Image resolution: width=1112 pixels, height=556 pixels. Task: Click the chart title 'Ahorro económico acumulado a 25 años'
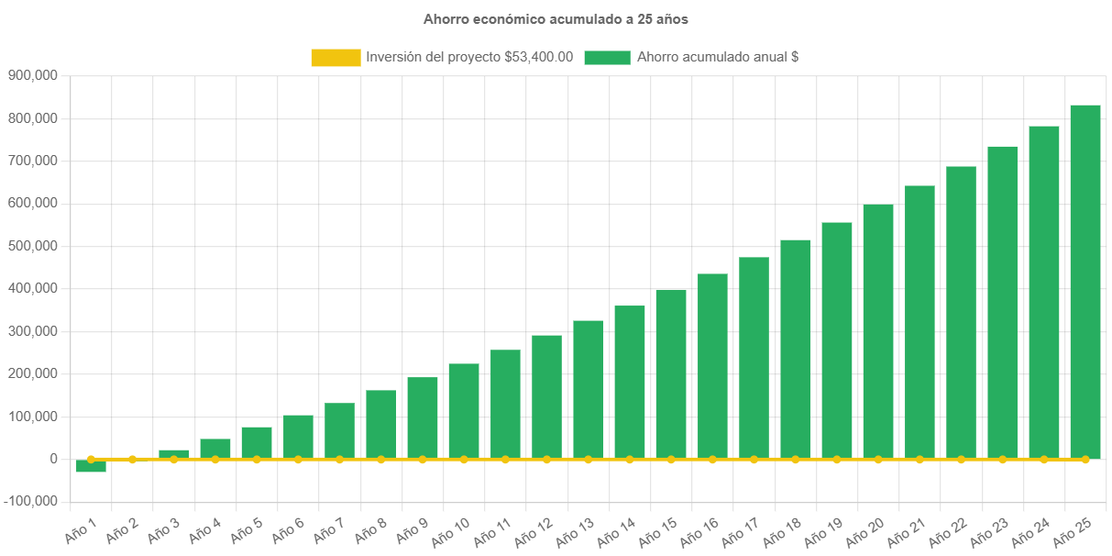pyautogui.click(x=556, y=19)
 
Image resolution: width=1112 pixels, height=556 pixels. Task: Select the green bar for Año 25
pyautogui.click(x=1085, y=280)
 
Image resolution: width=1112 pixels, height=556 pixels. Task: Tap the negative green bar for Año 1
pyautogui.click(x=91, y=466)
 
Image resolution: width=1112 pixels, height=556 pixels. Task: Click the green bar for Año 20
pyautogui.click(x=878, y=330)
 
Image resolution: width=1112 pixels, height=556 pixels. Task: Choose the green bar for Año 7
pyautogui.click(x=339, y=430)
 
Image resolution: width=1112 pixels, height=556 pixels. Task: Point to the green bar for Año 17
pyautogui.click(x=754, y=357)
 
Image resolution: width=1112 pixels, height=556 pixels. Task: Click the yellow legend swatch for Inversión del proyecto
pyautogui.click(x=336, y=58)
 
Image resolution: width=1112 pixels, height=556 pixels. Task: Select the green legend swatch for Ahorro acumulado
pyautogui.click(x=607, y=58)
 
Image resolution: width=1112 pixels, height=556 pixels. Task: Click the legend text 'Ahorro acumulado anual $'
pyautogui.click(x=718, y=57)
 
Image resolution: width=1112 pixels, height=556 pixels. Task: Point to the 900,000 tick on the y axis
pyautogui.click(x=33, y=75)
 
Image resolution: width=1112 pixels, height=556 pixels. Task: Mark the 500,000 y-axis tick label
pyautogui.click(x=33, y=246)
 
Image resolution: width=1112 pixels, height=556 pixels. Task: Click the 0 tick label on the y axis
pyautogui.click(x=54, y=459)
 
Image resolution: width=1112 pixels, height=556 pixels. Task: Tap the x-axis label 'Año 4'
pyautogui.click(x=204, y=528)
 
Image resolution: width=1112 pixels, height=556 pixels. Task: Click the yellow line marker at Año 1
pyautogui.click(x=91, y=459)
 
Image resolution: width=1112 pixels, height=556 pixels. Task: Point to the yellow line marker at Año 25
pyautogui.click(x=1085, y=459)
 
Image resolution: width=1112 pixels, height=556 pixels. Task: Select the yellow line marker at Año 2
pyautogui.click(x=132, y=459)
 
